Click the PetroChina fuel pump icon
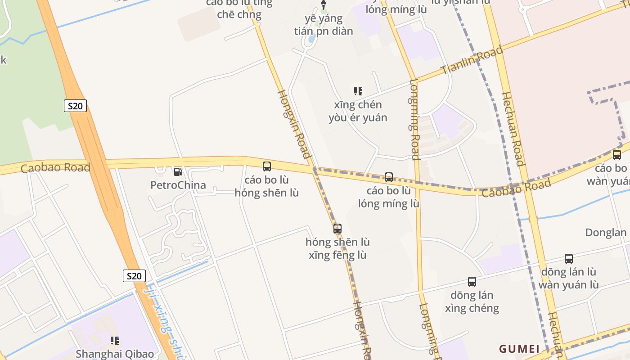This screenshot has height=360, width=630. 178,171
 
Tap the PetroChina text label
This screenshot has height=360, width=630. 178,185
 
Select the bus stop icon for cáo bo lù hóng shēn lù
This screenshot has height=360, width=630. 267,166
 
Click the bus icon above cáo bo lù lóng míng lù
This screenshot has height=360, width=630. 389,177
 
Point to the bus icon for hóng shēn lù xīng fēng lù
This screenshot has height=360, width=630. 337,229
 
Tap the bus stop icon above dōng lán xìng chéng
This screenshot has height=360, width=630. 472,282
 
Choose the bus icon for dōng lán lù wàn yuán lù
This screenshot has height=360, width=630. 569,259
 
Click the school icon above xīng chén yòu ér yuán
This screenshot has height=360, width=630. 358,91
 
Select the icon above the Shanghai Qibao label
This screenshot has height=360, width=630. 115,341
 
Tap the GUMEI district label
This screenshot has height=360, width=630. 519,349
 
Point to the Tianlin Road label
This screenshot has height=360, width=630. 472,60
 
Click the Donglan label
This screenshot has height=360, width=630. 606,233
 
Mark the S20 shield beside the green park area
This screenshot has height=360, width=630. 75,106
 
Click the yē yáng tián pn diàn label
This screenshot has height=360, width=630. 324,25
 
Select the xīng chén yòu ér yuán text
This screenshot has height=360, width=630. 358,111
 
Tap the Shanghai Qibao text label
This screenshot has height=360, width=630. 115,354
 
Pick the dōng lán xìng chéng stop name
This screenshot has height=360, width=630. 472,301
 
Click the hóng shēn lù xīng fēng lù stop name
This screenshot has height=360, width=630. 337,248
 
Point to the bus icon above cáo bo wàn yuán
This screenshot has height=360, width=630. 617,155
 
